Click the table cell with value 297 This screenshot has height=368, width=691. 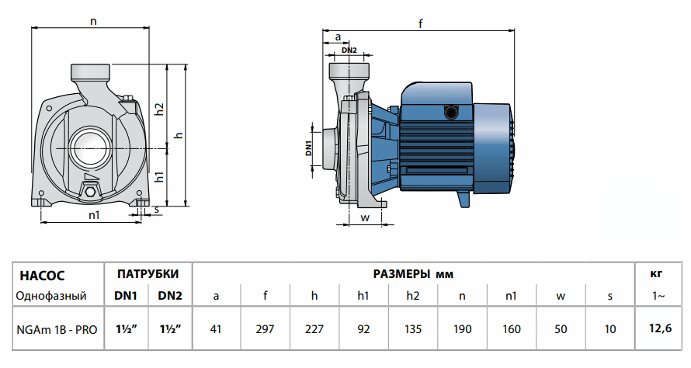pos(266,329)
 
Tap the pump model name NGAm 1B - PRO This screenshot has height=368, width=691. pos(57,329)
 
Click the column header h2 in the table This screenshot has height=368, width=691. pos(413,296)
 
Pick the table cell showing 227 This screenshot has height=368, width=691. pos(314,329)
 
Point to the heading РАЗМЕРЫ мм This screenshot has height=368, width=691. pos(413,274)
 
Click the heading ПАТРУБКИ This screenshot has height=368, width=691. pos(148,274)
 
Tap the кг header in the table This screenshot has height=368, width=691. pos(657,274)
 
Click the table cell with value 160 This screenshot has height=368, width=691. pos(512,329)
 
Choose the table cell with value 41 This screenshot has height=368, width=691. pos(216,329)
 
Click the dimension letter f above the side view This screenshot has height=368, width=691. pos(420,24)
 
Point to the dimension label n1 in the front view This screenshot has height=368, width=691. pos(94,215)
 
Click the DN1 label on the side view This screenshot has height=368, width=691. pos(308,148)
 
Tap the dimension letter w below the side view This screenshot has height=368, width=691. pos(364,217)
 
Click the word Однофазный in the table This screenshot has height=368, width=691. pos(51,296)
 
